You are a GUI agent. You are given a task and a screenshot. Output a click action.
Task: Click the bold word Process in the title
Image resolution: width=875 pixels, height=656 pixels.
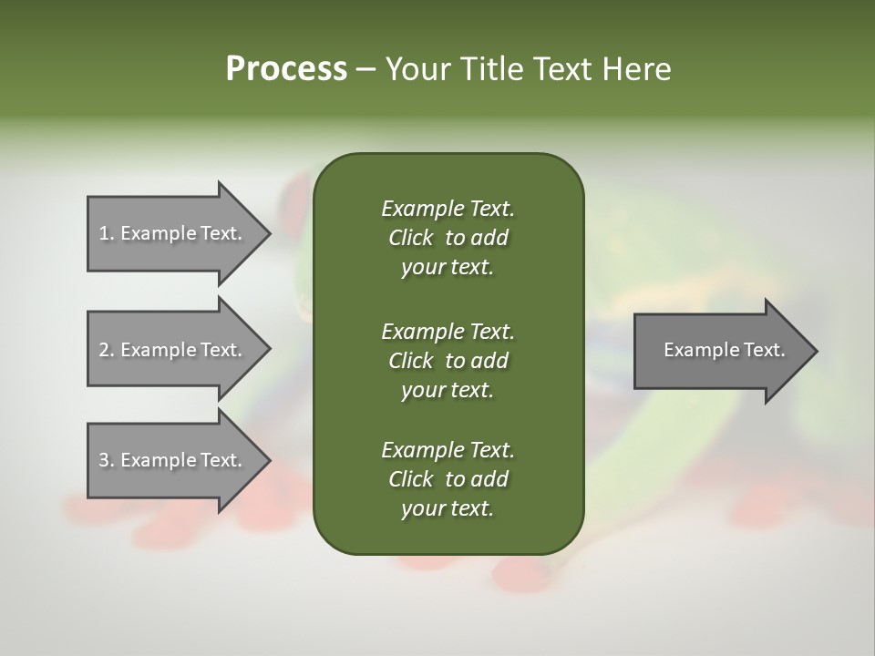pos(286,69)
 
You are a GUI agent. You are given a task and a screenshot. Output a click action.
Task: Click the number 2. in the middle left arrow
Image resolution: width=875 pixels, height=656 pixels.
pos(106,350)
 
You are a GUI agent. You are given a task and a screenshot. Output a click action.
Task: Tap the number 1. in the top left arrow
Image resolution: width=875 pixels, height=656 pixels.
pos(106,233)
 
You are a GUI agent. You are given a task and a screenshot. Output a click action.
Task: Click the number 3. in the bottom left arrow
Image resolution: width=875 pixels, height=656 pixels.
pos(106,460)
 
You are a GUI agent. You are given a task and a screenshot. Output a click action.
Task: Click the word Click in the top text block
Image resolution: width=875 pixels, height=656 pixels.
pos(411,238)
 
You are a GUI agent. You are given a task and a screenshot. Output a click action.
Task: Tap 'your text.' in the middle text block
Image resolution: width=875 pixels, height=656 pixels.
pos(448,390)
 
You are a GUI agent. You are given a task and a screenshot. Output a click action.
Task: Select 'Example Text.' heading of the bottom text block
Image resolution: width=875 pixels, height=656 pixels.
pos(448,450)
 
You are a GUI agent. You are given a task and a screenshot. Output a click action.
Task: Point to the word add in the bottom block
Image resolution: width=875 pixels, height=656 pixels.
pos(490,479)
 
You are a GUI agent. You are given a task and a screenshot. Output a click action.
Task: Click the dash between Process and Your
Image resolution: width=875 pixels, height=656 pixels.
pos(365,69)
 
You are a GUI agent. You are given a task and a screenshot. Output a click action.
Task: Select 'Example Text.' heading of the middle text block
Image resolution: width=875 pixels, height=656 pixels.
pos(448,331)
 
